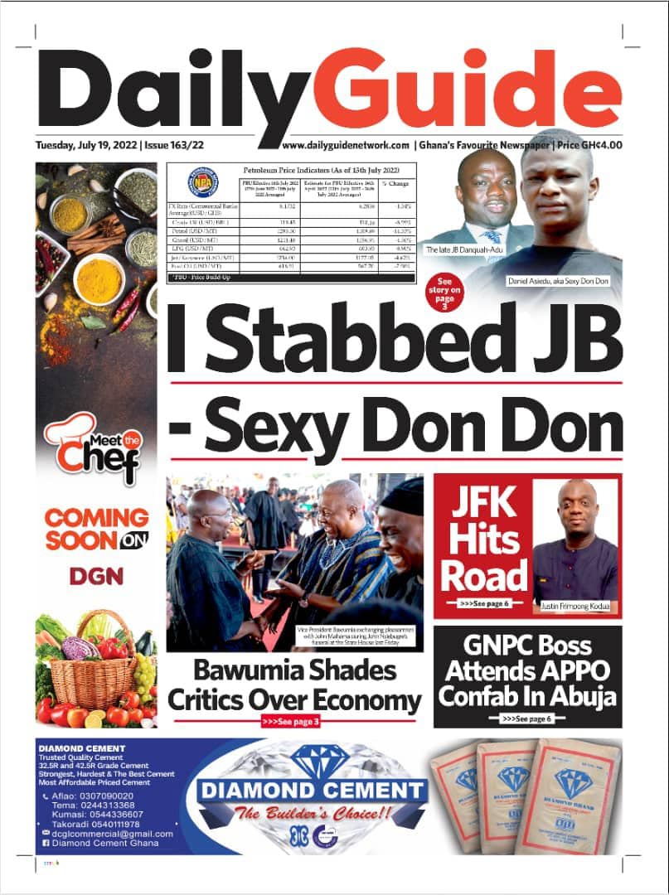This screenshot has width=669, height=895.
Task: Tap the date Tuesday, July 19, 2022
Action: pyautogui.click(x=86, y=145)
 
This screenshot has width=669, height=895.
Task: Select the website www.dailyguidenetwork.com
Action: pyautogui.click(x=346, y=145)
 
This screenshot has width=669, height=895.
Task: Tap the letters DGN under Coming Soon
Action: pyautogui.click(x=96, y=575)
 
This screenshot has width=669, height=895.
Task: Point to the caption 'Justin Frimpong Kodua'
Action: pyautogui.click(x=574, y=607)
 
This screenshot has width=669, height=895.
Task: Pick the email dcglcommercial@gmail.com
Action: pyautogui.click(x=114, y=834)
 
